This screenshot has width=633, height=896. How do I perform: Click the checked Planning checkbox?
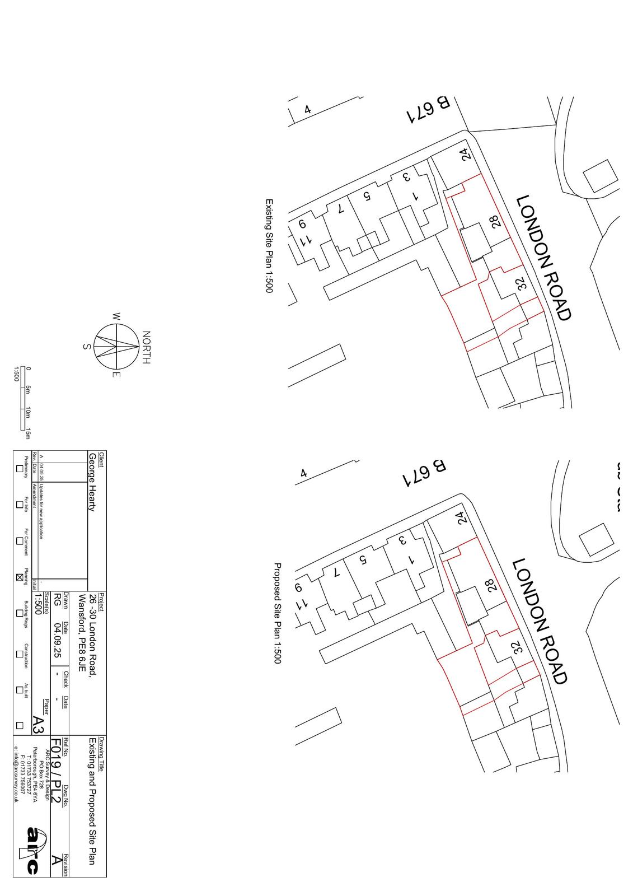(20, 577)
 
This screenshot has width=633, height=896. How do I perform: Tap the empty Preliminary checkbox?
(20, 469)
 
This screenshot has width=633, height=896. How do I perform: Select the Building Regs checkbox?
(20, 613)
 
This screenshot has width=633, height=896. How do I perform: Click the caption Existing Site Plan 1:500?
(269, 246)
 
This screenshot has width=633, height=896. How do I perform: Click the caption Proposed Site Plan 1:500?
(277, 613)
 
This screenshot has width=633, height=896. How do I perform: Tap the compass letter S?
(87, 347)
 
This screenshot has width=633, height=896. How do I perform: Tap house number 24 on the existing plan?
(465, 155)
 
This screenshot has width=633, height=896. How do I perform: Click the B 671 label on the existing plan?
(428, 110)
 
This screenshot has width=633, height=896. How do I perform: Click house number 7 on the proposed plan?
(336, 572)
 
